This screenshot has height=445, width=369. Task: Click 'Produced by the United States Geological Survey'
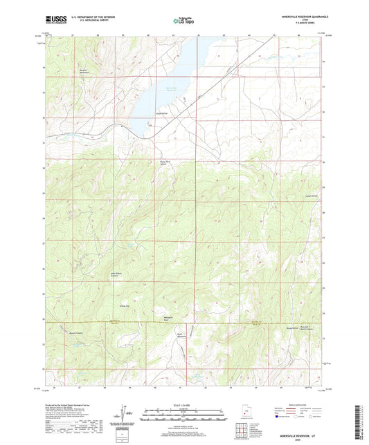[x=70, y=404]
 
